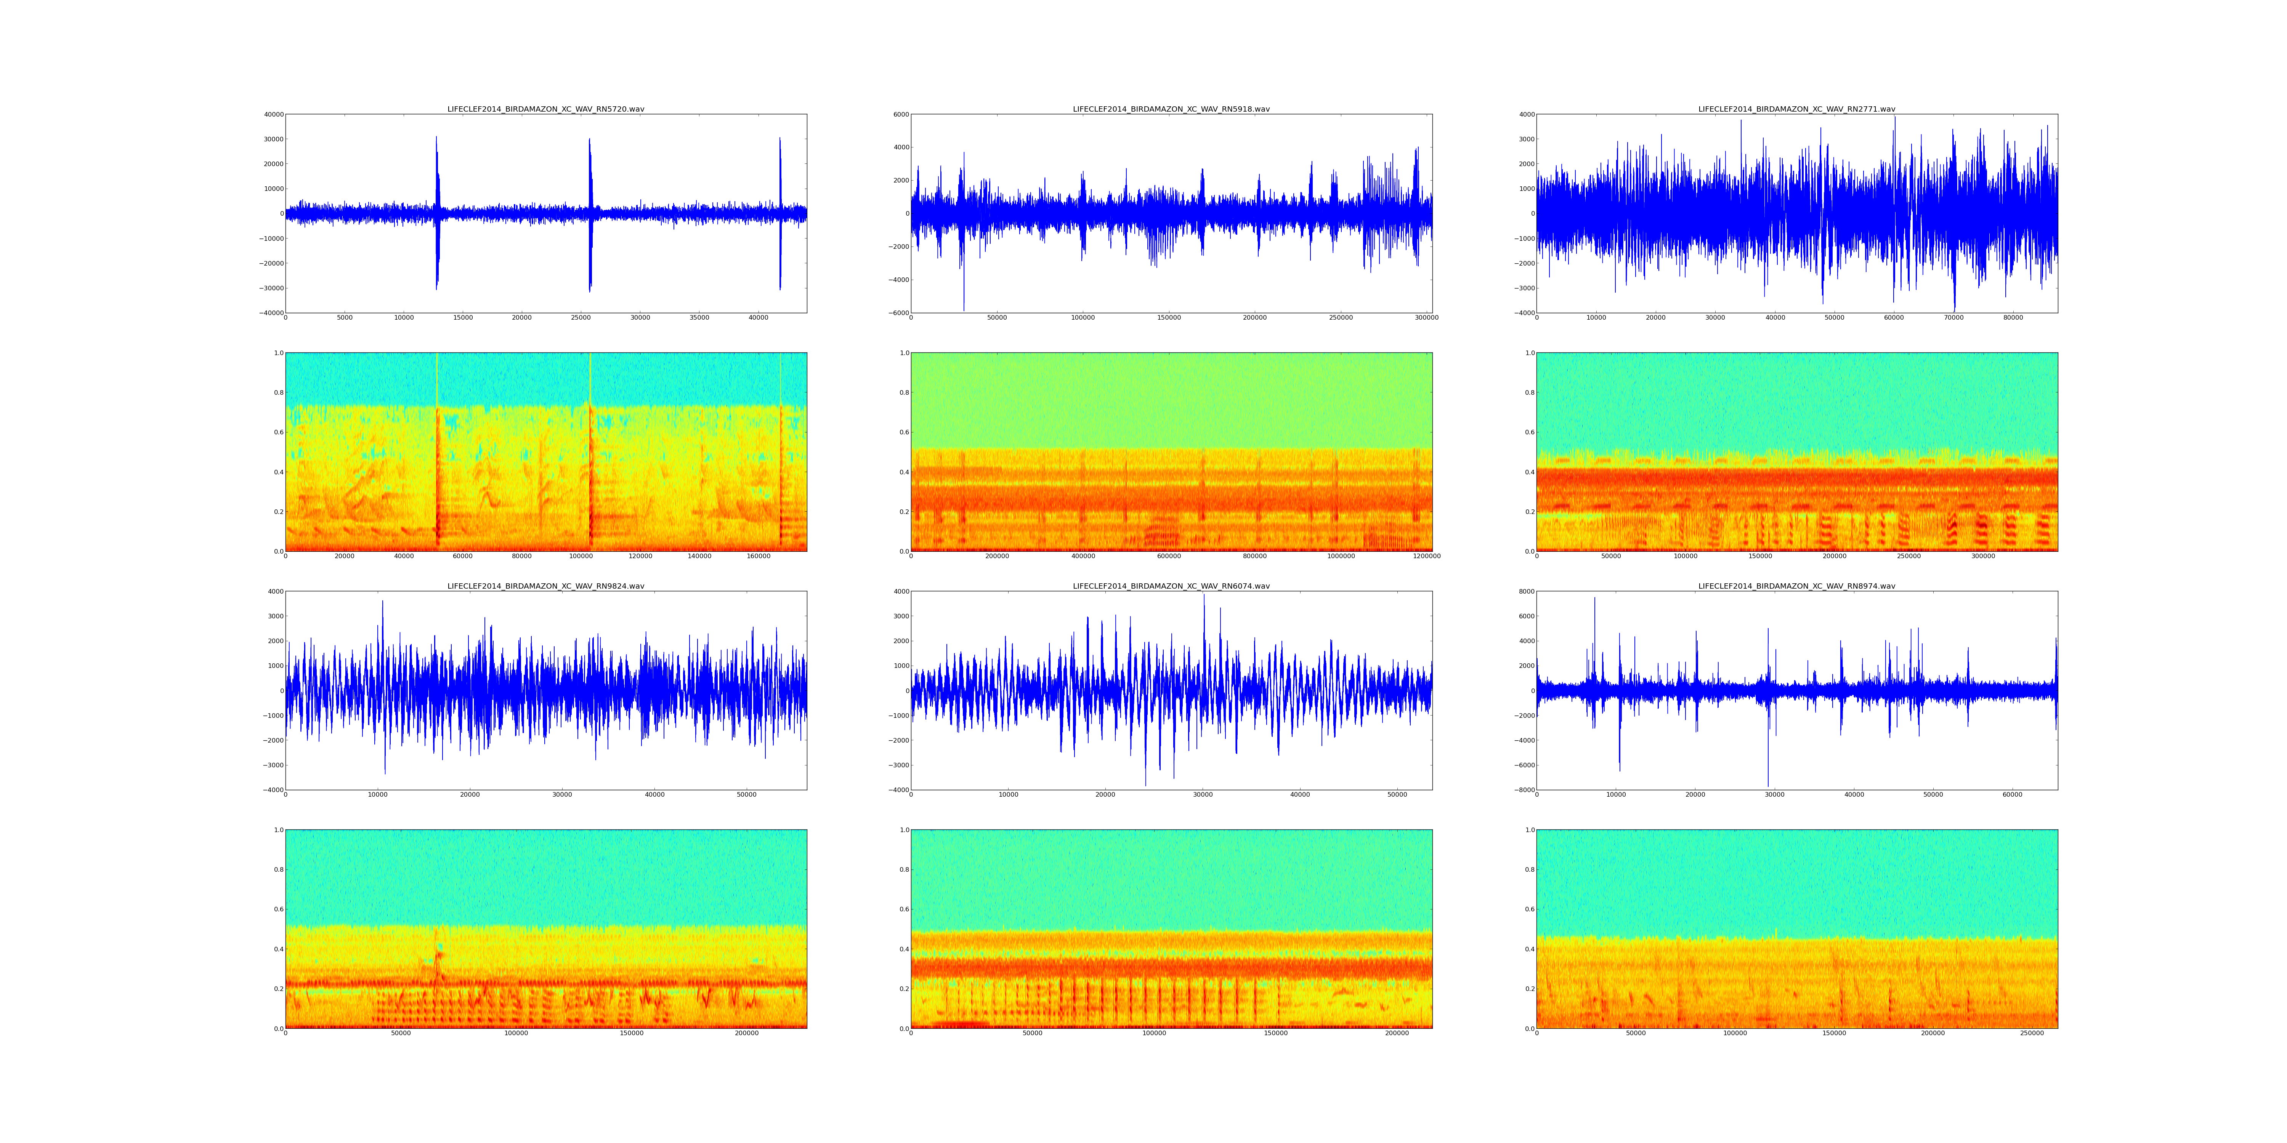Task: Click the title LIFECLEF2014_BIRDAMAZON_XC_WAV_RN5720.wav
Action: point(545,109)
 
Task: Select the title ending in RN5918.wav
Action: point(1171,109)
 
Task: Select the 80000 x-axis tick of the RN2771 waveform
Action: point(2013,318)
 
